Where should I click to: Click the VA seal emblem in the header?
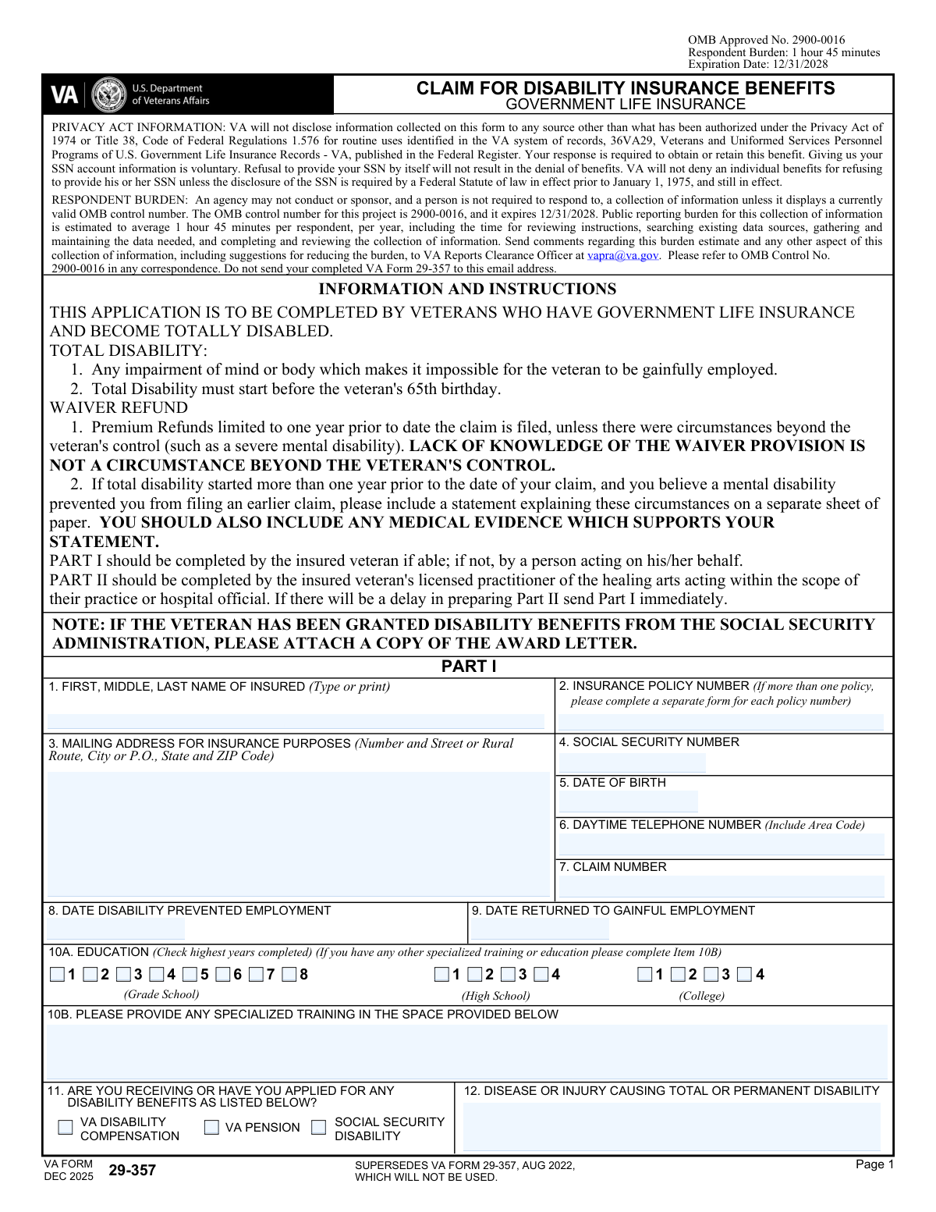pos(108,95)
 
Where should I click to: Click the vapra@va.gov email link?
pos(622,255)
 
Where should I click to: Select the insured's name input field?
pos(296,722)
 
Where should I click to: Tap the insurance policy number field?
pos(721,722)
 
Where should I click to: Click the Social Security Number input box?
pos(632,762)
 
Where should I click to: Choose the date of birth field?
pos(628,801)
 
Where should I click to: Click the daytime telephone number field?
pos(721,844)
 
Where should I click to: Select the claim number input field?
pos(721,886)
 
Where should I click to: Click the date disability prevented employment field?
pos(115,929)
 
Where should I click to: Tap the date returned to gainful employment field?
pos(539,929)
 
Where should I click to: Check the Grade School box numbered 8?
pos(289,975)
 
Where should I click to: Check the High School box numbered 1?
pos(442,975)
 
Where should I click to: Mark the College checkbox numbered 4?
pos(744,975)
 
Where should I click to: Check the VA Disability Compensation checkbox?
pos(66,1128)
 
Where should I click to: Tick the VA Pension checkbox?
pos(211,1128)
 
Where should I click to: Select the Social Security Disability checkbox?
pos(318,1128)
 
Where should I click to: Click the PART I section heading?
pos(469,666)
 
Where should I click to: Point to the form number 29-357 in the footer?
pos(132,1171)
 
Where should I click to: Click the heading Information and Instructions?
pos(467,290)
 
